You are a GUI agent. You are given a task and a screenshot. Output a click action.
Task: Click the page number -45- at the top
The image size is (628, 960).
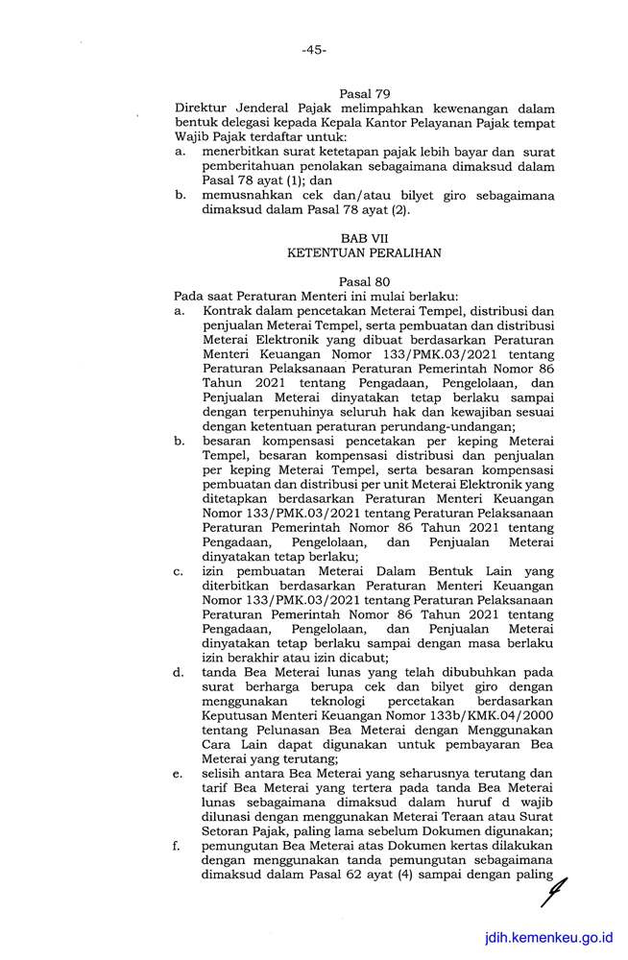tap(313, 50)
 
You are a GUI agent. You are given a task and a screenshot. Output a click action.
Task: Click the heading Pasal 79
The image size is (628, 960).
tap(364, 93)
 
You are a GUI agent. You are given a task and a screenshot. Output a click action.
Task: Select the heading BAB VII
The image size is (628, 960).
tap(364, 237)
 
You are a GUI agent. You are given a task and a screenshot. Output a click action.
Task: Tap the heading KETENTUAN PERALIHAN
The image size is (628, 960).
tap(364, 252)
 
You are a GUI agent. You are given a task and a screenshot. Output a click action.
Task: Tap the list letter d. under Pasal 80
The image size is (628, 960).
tap(179, 673)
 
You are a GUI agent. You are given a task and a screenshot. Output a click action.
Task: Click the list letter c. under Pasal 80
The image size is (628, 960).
tap(179, 572)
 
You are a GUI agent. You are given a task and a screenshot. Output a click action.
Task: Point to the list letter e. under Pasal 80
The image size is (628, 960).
tap(179, 773)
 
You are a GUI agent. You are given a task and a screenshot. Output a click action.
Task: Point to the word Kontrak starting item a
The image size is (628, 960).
tap(229, 312)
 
